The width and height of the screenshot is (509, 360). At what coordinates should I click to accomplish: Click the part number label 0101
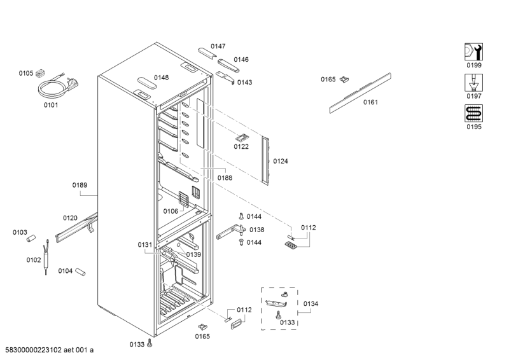[51, 105]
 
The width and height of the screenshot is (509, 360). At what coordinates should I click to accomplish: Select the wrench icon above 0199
[473, 52]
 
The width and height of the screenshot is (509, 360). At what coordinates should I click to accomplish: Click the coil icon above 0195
[473, 113]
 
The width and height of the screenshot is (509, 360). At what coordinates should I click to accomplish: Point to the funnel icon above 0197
[473, 83]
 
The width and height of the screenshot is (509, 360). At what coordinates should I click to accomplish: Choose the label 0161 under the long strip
[370, 102]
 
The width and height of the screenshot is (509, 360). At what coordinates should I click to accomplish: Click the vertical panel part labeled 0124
[265, 161]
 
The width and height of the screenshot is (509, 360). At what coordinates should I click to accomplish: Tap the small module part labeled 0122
[242, 138]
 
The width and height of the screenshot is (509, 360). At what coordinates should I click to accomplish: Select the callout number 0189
[80, 185]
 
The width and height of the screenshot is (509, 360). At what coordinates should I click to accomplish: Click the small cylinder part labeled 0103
[31, 239]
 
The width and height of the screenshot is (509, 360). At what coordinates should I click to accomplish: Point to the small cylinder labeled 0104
[80, 272]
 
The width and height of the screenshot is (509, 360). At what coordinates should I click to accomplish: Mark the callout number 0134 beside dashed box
[310, 304]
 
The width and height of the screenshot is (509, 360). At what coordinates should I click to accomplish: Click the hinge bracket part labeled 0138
[230, 232]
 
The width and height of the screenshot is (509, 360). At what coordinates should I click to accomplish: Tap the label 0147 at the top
[218, 46]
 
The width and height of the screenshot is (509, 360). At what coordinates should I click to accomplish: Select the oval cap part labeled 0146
[228, 66]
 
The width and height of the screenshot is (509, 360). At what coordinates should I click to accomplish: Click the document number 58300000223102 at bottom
[33, 350]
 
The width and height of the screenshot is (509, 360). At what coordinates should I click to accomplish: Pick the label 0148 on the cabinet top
[162, 78]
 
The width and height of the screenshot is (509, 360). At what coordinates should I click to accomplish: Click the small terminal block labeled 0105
[40, 74]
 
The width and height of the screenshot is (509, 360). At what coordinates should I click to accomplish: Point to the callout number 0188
[225, 178]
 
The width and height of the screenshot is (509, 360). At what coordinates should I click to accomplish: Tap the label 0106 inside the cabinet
[171, 211]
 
